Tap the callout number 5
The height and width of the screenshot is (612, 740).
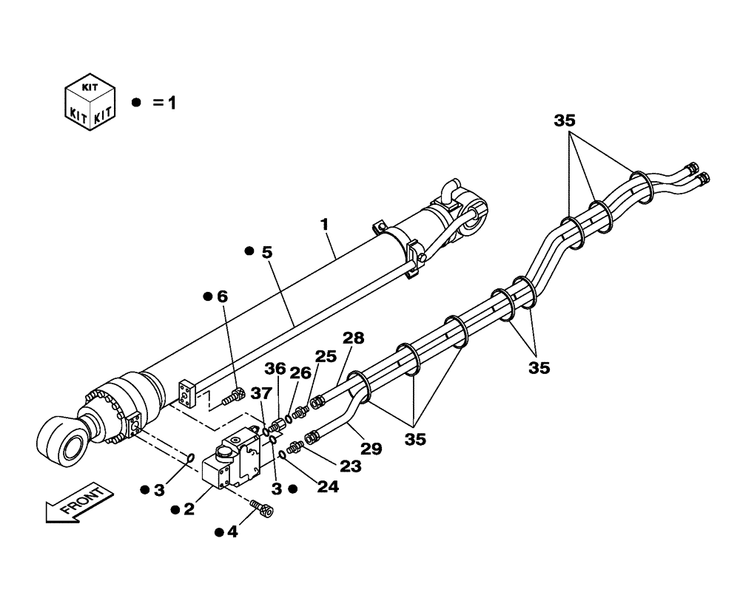[x=266, y=252]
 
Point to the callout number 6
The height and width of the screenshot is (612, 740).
[x=221, y=296]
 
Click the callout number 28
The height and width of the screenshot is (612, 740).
[x=353, y=339]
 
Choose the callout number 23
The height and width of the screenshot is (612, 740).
[x=350, y=467]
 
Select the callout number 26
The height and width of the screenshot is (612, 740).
[x=300, y=375]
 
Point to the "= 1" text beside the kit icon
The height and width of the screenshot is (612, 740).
[x=164, y=103]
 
